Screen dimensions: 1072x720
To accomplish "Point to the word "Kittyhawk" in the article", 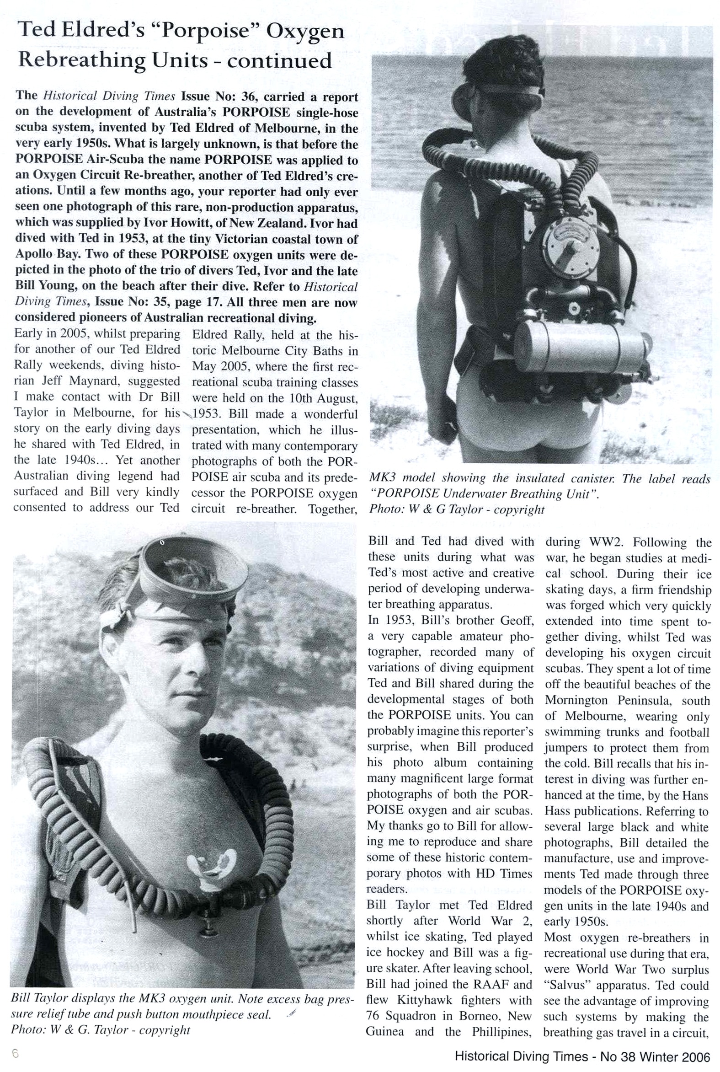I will [x=426, y=1001].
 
